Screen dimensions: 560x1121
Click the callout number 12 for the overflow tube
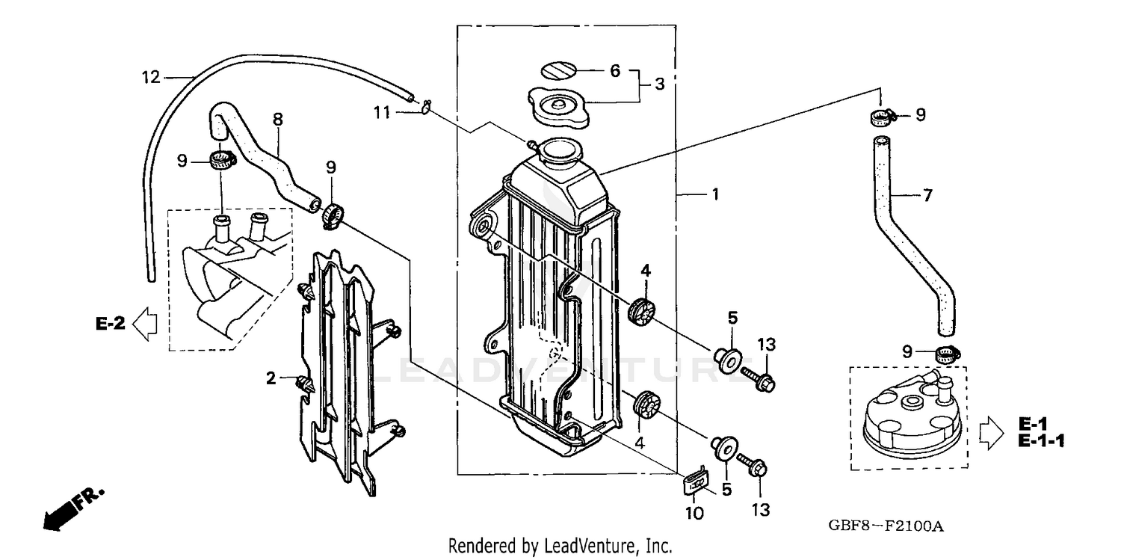tap(151, 76)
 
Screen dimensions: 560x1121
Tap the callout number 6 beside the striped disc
tap(615, 71)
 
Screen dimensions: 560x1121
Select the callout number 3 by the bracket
tap(659, 84)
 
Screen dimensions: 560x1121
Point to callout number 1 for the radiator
tap(714, 194)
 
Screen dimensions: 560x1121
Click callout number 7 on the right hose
tap(927, 197)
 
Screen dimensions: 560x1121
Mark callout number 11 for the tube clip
tap(382, 113)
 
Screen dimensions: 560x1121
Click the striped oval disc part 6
tap(560, 72)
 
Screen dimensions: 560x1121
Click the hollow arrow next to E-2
tap(144, 324)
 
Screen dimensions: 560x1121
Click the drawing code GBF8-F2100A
tap(886, 526)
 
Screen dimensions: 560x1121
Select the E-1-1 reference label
tap(1040, 441)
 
